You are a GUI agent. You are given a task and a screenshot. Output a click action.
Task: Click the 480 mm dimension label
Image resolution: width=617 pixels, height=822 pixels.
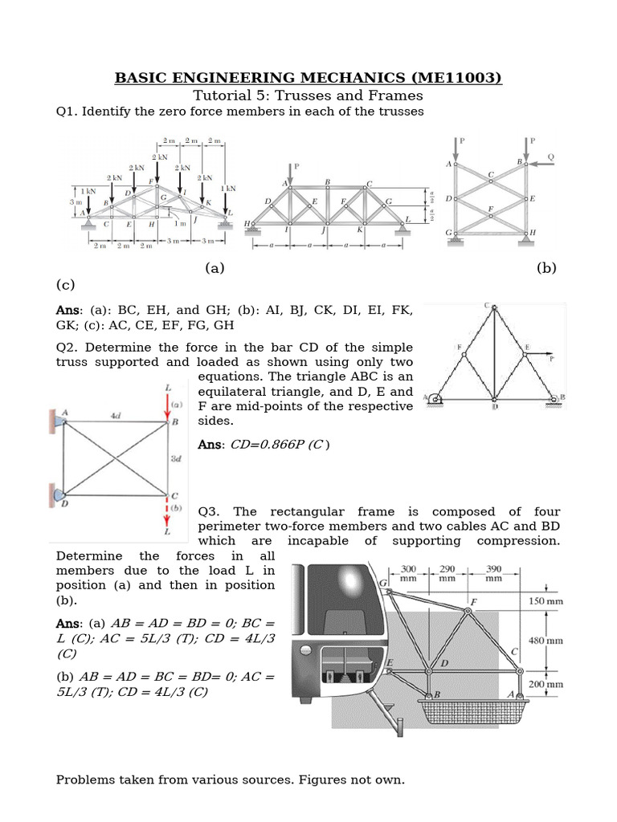tap(573, 641)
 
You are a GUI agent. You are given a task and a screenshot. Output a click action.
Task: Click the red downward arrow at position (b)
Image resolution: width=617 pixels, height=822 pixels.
tap(168, 515)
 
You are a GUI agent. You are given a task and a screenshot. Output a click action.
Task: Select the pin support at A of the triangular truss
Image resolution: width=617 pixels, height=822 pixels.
tap(435, 397)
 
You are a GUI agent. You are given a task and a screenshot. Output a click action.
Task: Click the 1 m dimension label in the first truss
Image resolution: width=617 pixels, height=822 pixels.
tap(181, 224)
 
